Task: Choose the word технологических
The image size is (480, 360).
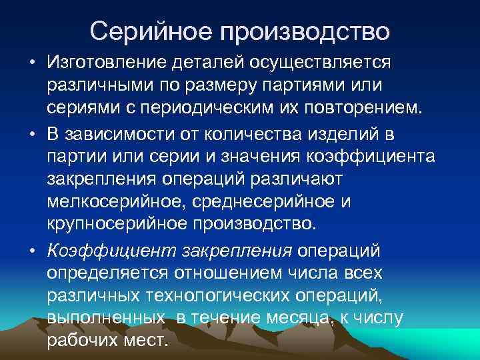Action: (231, 296)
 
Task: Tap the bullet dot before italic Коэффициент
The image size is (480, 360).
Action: (32, 251)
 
